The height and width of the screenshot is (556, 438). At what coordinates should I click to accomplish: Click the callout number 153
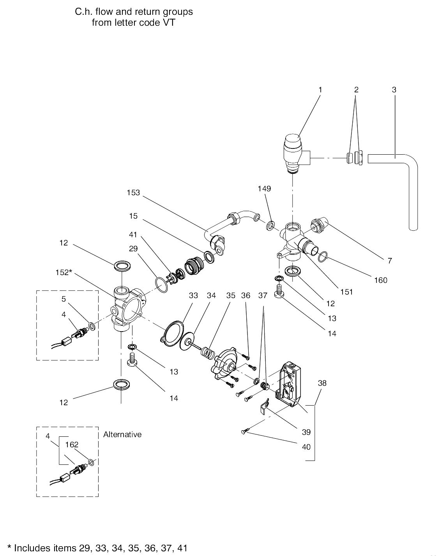pos(133,192)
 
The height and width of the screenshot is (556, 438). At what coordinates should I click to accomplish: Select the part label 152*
pos(64,272)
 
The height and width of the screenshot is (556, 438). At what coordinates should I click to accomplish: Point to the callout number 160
pos(381,280)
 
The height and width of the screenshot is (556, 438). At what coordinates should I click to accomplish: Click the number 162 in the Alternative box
pos(72,444)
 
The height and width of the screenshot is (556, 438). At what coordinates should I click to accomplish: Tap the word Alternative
pos(122,434)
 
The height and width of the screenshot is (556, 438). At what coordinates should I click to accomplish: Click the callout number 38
pos(322,383)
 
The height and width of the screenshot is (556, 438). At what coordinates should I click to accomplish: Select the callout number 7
pos(389,261)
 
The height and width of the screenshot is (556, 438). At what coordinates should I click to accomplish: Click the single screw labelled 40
pos(244,431)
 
